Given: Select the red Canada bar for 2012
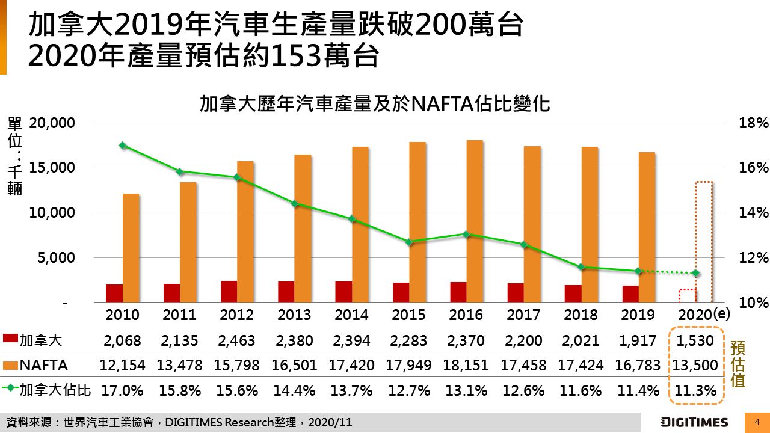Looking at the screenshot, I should click(x=229, y=292).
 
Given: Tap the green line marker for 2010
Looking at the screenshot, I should click(x=123, y=146).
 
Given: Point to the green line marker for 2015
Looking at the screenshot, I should click(x=409, y=242).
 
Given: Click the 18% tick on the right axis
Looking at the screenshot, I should click(x=754, y=123).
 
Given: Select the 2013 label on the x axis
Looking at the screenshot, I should click(x=294, y=315).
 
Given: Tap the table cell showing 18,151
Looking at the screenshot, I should click(x=466, y=365).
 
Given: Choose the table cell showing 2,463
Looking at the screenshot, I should click(x=236, y=340).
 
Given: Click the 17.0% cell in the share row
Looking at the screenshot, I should click(x=122, y=390).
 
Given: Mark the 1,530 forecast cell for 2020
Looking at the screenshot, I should click(x=695, y=340).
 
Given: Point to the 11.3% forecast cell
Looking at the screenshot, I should click(x=695, y=390).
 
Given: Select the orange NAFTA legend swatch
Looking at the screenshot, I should click(x=10, y=365).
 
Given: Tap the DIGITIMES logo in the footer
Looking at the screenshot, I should click(x=694, y=422).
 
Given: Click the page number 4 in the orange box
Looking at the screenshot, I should click(x=757, y=422).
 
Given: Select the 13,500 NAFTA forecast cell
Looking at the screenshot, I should click(x=695, y=365).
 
